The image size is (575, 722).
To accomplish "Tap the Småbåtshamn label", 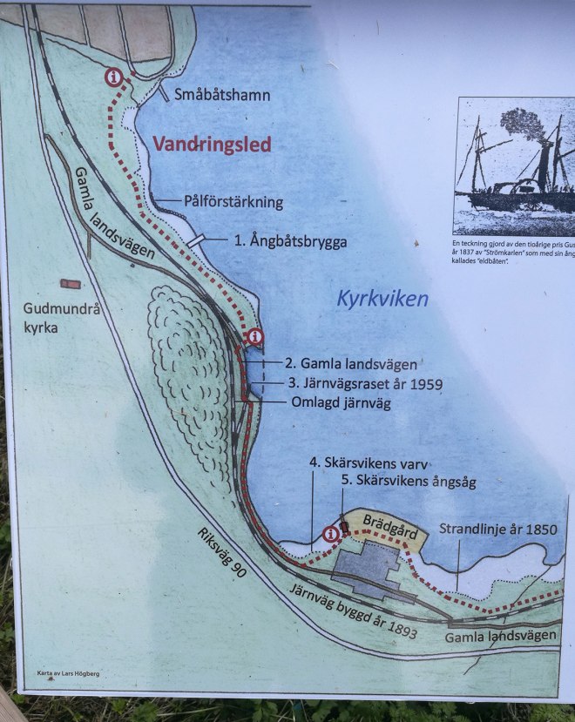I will [x=222, y=94].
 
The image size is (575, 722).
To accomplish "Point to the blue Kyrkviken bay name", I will [x=382, y=300].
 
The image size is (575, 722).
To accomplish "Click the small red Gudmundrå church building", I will [x=69, y=284].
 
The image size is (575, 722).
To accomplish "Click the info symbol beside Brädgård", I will [x=330, y=534].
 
